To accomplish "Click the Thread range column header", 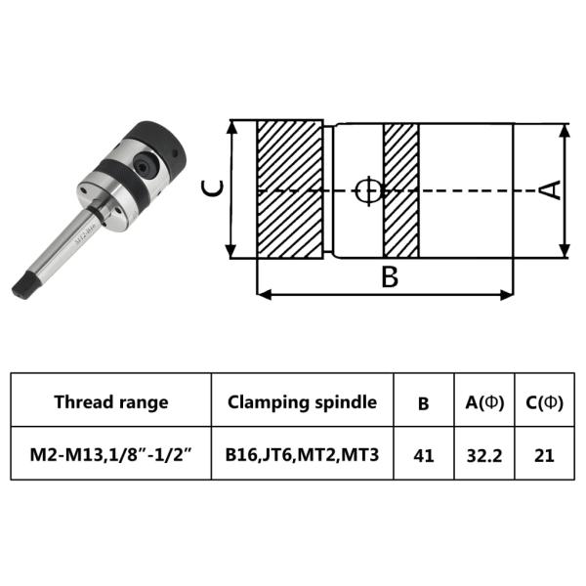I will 110,401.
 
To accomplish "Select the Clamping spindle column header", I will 302,401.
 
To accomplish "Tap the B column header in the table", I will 423,402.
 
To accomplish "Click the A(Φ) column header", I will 484,401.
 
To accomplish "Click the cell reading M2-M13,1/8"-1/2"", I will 110,455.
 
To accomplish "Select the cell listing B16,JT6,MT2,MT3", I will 302,455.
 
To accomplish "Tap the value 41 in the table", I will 423,455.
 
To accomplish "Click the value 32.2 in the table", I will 484,455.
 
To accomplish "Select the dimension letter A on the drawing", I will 552,189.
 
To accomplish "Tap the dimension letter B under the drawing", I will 389,277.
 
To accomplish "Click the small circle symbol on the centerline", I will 366,189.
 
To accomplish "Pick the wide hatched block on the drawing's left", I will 290,189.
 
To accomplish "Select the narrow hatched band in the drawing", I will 400,189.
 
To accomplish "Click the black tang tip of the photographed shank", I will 21,284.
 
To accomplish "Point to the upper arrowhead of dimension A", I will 566,128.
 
